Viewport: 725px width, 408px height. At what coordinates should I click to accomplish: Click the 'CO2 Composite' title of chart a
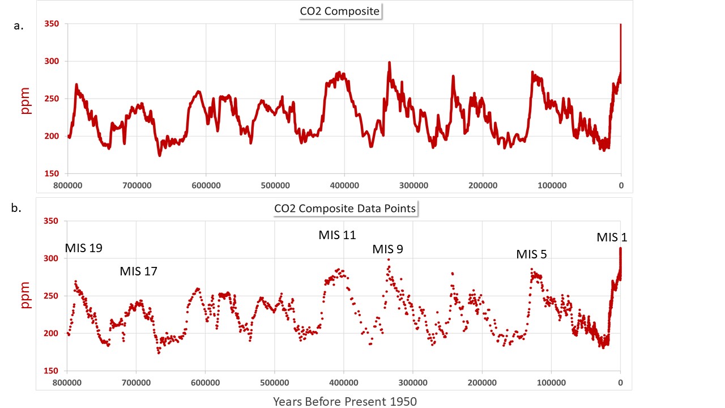click(341, 11)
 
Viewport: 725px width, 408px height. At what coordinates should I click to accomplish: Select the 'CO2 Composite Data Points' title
click(346, 208)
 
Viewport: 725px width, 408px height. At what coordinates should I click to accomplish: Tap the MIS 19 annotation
click(84, 248)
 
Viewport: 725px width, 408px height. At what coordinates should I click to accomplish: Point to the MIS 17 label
click(138, 271)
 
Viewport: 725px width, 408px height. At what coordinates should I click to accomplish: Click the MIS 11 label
click(337, 235)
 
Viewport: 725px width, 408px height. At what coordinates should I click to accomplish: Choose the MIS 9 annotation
click(387, 249)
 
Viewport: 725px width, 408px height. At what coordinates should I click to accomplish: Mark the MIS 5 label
click(531, 254)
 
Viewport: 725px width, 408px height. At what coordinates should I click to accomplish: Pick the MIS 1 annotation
click(612, 237)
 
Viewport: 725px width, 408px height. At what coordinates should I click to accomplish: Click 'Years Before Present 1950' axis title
click(345, 402)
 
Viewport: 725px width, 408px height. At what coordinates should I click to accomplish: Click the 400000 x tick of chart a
click(344, 185)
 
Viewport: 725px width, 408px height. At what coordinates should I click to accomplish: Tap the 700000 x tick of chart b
click(137, 382)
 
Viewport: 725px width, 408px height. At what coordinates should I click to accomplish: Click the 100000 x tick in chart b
click(551, 382)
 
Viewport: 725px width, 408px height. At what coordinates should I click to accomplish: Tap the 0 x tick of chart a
click(621, 185)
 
